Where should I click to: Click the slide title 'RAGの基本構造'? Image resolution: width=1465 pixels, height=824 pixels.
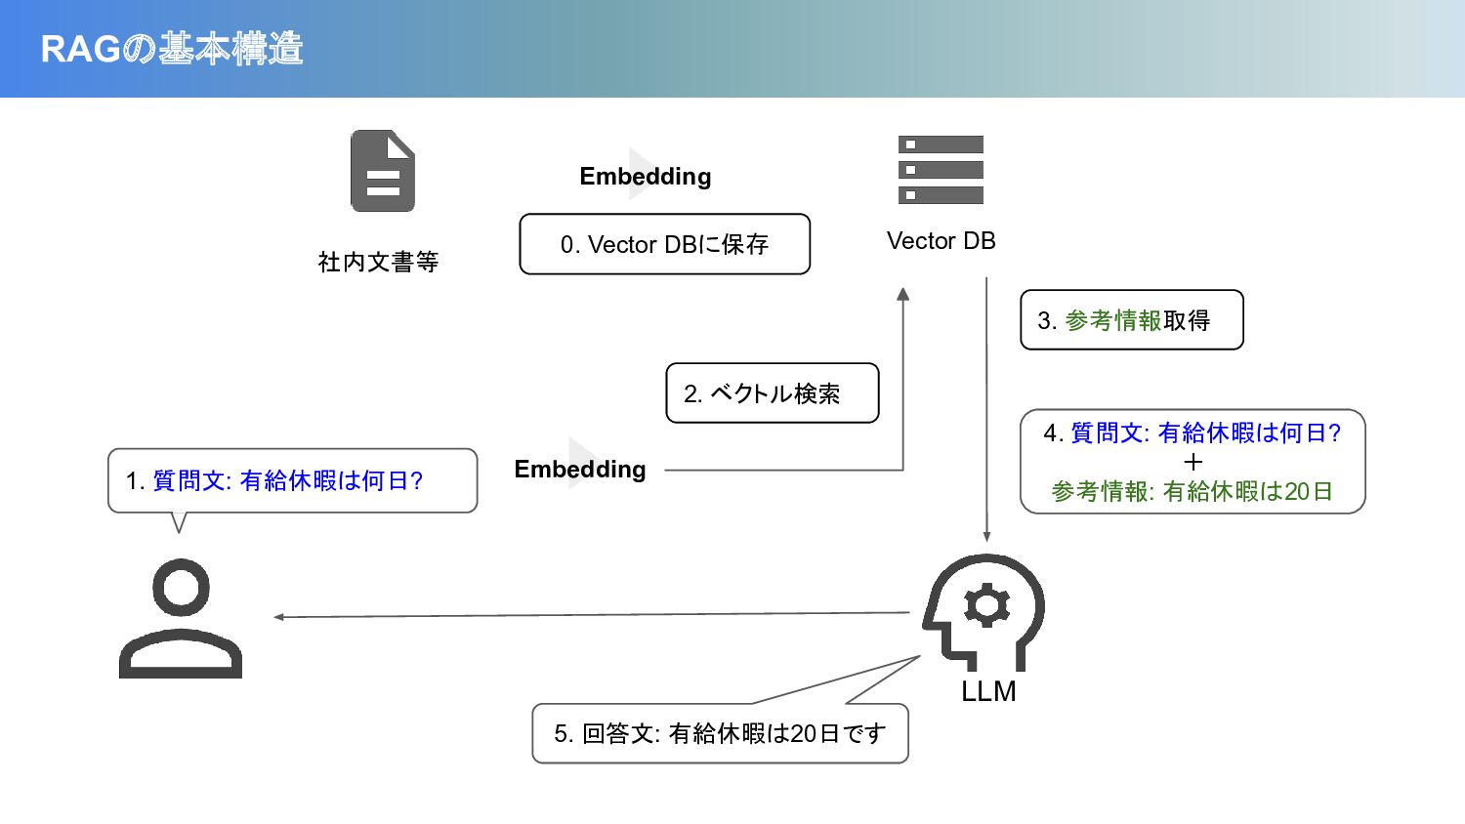coord(172,49)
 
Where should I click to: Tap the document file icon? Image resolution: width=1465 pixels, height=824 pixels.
coord(383,171)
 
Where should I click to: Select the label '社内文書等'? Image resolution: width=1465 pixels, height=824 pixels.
coord(378,262)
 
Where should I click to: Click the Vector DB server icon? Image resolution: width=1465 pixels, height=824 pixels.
coord(941,170)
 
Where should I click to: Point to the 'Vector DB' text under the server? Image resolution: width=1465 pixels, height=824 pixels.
coord(941,241)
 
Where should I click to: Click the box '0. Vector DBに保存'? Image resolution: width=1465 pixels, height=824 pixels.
coord(664,244)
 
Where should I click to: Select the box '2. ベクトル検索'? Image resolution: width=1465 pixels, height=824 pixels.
coord(772,393)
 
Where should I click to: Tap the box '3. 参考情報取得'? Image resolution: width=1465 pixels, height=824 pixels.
coord(1131,320)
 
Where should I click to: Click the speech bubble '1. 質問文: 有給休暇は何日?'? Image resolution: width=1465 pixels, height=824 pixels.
coord(292,480)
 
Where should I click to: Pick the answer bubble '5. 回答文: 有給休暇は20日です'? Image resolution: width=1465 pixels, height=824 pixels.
coord(720,733)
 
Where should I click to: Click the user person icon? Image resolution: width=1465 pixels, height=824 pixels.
coord(181,618)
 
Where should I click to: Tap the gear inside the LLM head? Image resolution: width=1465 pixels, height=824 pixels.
coord(986,605)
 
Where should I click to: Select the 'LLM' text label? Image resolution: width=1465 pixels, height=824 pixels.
coord(988,691)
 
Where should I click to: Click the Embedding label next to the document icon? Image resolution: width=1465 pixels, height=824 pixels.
coord(645,176)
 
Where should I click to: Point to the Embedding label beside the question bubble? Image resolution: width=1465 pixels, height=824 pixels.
coord(580,469)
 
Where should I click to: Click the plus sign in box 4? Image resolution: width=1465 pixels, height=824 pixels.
coord(1193,462)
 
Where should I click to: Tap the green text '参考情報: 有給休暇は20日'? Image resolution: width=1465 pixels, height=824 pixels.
coord(1193,491)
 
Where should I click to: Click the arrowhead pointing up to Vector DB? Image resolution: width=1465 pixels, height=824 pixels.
coord(903,294)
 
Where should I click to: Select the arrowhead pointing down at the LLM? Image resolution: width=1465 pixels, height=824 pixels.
coord(986,536)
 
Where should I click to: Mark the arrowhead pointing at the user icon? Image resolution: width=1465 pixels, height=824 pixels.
coord(279,617)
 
